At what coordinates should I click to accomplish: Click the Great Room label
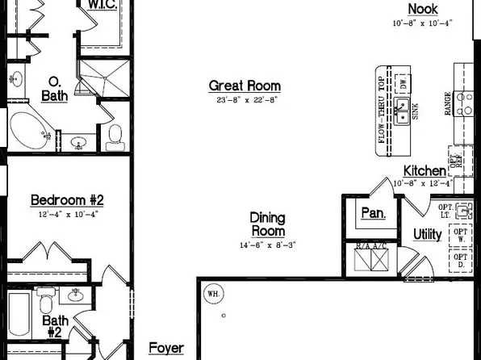(x=245, y=85)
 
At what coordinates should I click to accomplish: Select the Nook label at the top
(x=422, y=9)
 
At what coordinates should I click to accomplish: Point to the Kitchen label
(x=425, y=170)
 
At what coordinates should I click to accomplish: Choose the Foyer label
(x=166, y=349)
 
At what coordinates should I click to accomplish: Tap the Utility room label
(x=427, y=234)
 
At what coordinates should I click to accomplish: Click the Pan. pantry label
(x=373, y=214)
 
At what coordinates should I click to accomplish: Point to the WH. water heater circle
(x=214, y=292)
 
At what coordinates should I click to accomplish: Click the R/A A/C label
(x=372, y=245)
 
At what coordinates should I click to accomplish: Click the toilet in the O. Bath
(x=113, y=138)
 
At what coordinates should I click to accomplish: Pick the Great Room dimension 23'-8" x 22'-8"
(x=245, y=100)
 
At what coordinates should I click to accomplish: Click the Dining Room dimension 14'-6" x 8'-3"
(x=267, y=245)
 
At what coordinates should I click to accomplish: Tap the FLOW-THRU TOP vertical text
(x=383, y=110)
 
